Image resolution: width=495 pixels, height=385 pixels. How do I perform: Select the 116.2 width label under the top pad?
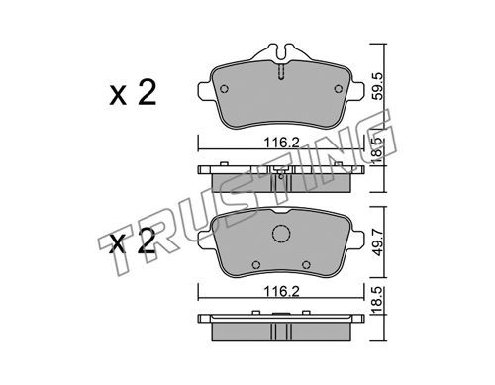[x=281, y=143]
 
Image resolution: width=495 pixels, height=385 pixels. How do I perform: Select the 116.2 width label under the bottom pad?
[x=281, y=291]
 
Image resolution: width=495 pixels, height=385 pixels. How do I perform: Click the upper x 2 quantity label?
[x=133, y=93]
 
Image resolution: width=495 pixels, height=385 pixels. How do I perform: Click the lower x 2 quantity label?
[x=133, y=241]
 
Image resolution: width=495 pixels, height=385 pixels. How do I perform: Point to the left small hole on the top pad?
[x=224, y=89]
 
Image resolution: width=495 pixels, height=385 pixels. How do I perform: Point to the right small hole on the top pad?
[x=339, y=89]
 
